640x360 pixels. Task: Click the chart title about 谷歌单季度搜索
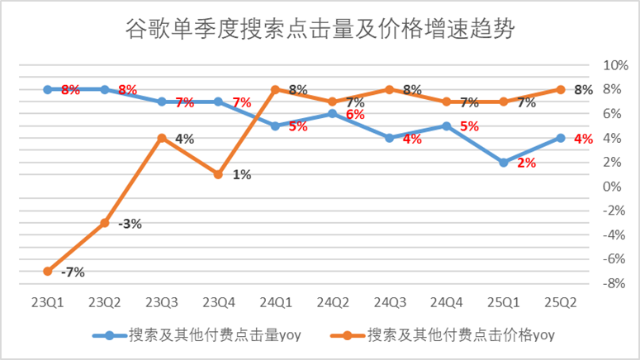tap(320, 31)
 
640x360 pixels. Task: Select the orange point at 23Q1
tap(48, 271)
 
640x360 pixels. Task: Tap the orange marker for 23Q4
tap(219, 174)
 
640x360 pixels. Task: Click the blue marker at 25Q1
tap(504, 163)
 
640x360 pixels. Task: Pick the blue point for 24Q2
tap(333, 114)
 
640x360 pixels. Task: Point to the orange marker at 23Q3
tap(162, 138)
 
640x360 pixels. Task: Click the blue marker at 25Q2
tap(561, 138)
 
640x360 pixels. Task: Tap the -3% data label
tap(129, 224)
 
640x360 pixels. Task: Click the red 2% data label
tap(526, 163)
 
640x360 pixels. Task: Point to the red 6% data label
tap(355, 115)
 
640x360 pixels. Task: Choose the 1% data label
tap(241, 175)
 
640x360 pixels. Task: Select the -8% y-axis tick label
tap(615, 283)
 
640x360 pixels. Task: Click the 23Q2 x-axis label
tap(105, 302)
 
